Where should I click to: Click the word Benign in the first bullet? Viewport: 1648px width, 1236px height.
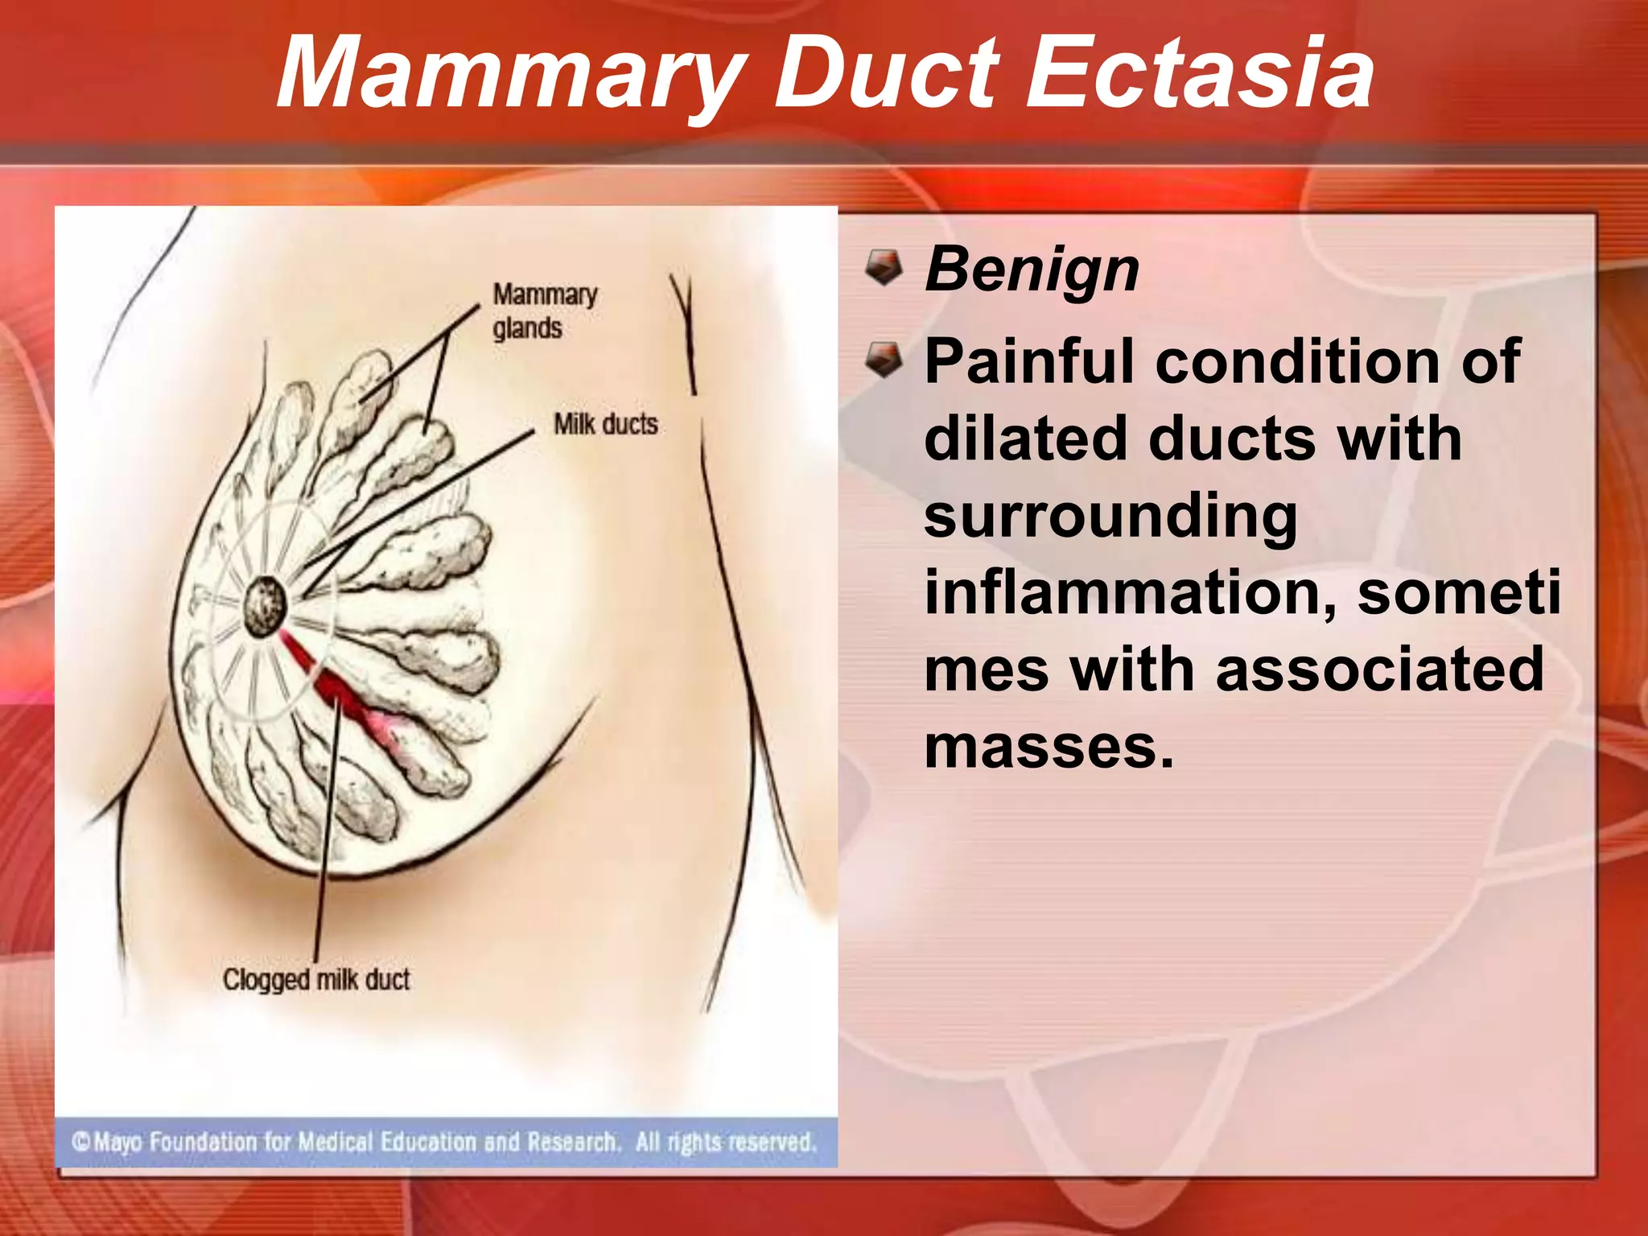[x=1032, y=270]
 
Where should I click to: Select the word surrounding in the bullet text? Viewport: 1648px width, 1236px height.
[x=1110, y=517]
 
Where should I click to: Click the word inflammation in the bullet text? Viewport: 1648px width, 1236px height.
[x=1131, y=592]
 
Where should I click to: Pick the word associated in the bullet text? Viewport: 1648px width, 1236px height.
[x=1379, y=669]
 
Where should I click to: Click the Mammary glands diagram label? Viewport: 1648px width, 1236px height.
[x=544, y=311]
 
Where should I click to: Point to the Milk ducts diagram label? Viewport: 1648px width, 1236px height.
[x=605, y=424]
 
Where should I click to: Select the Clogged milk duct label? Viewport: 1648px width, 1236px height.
[x=316, y=979]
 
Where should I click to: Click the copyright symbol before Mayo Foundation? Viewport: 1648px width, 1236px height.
[x=81, y=1142]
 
